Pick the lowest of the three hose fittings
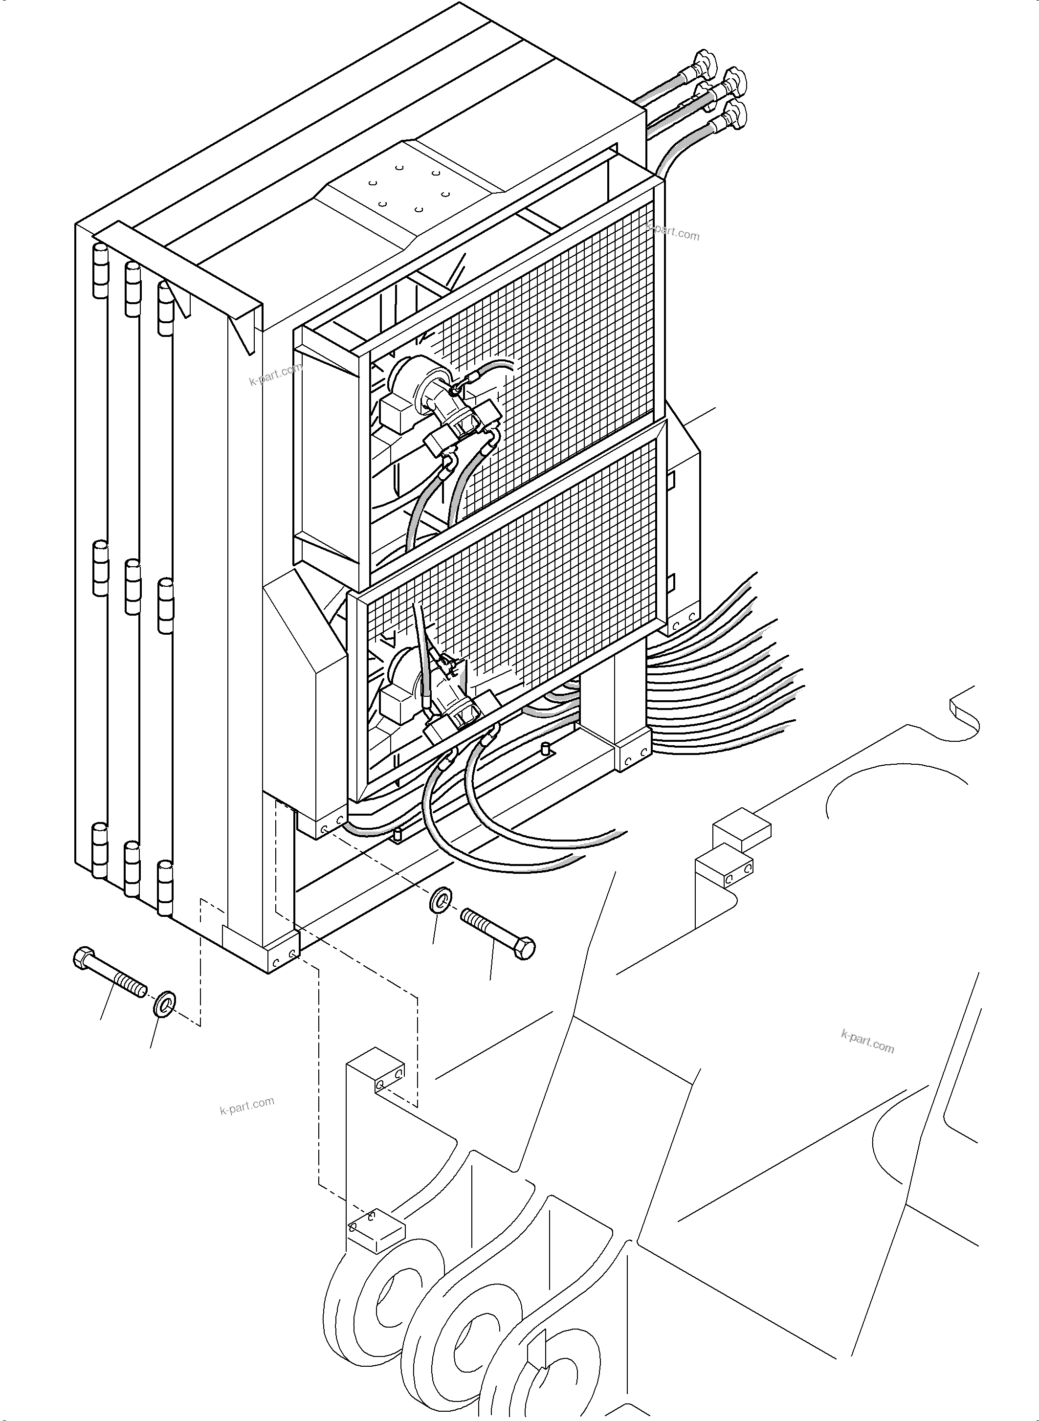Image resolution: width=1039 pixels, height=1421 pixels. (x=733, y=114)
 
